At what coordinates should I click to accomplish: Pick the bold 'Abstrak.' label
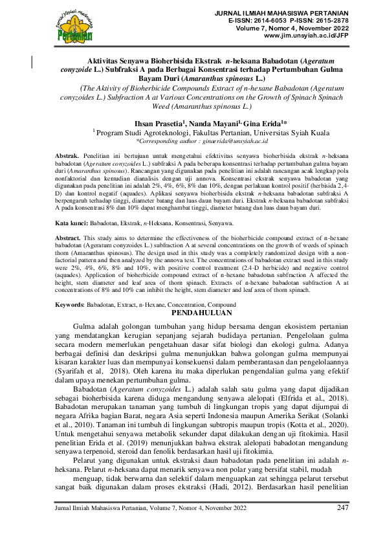click(x=67, y=156)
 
